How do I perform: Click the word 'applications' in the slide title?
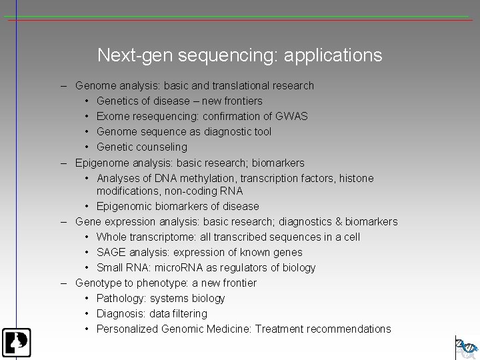[x=333, y=55]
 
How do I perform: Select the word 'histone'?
[x=356, y=178]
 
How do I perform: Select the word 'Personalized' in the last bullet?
[x=127, y=329]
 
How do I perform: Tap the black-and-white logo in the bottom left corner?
[x=15, y=343]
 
